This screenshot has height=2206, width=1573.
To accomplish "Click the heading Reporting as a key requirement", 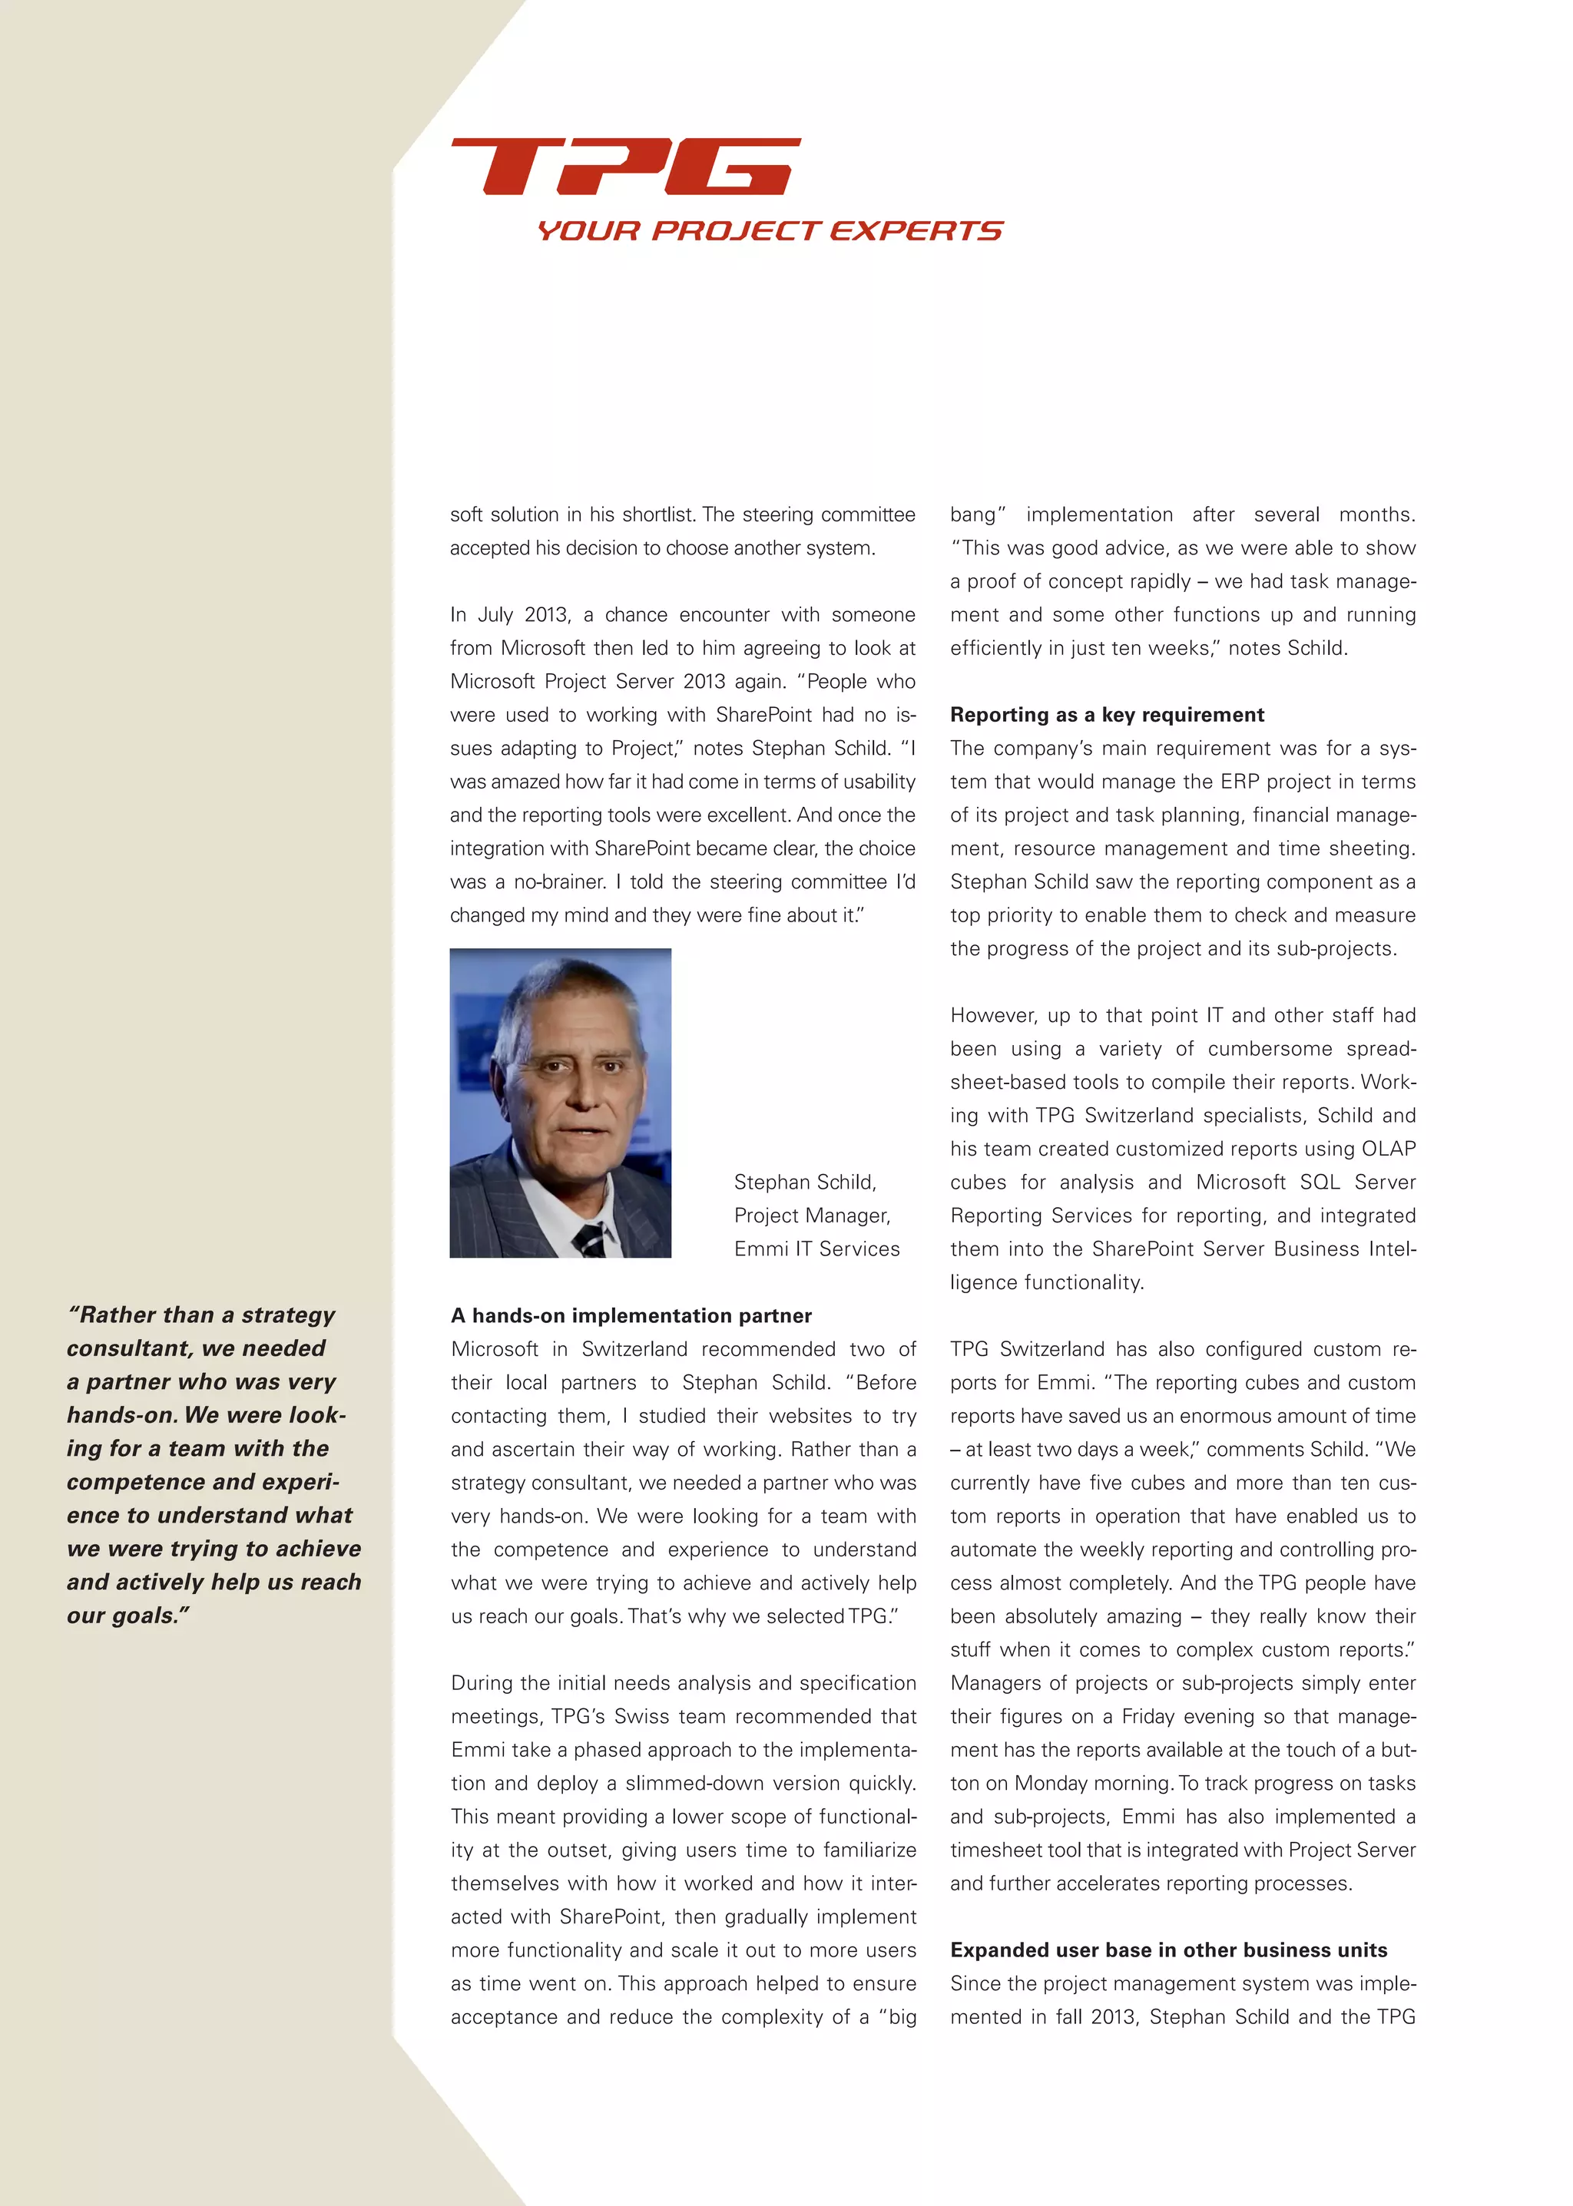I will pos(1106,715).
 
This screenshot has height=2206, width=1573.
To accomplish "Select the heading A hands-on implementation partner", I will pos(631,1315).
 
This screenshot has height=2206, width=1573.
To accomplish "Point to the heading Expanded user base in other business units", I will pos(1168,1950).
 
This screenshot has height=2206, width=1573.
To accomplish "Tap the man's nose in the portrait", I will pos(582,1090).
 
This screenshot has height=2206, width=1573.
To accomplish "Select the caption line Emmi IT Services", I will pos(816,1249).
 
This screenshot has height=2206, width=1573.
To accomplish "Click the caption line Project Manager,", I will pos(812,1215).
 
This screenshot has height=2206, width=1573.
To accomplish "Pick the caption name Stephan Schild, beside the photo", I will pos(805,1182).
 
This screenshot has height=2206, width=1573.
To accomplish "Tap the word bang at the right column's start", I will pos(975,514).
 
